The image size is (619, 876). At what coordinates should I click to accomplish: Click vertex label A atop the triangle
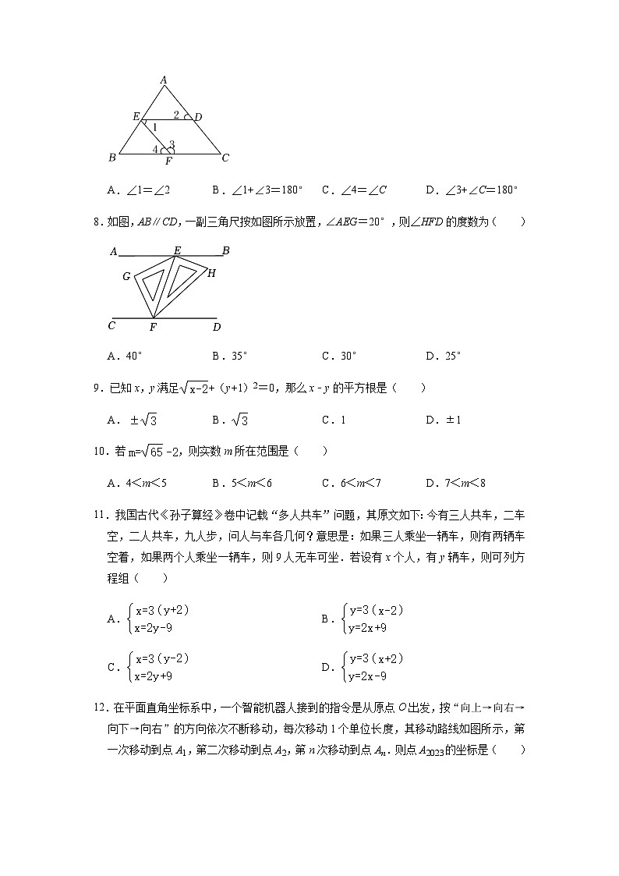[x=164, y=79]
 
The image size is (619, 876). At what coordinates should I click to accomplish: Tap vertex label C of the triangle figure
[x=225, y=158]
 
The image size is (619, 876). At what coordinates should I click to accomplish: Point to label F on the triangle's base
[x=168, y=161]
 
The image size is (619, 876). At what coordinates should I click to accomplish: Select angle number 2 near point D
[x=176, y=115]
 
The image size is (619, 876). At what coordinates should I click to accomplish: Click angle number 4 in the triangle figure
[x=155, y=149]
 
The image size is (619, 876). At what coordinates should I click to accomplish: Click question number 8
[x=97, y=222]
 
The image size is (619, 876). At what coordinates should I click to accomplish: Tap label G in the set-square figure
[x=126, y=276]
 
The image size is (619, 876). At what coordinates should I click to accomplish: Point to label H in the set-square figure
[x=211, y=273]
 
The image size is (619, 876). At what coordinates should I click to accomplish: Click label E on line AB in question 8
[x=177, y=250]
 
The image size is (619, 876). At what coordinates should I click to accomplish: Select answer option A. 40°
[x=126, y=356]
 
